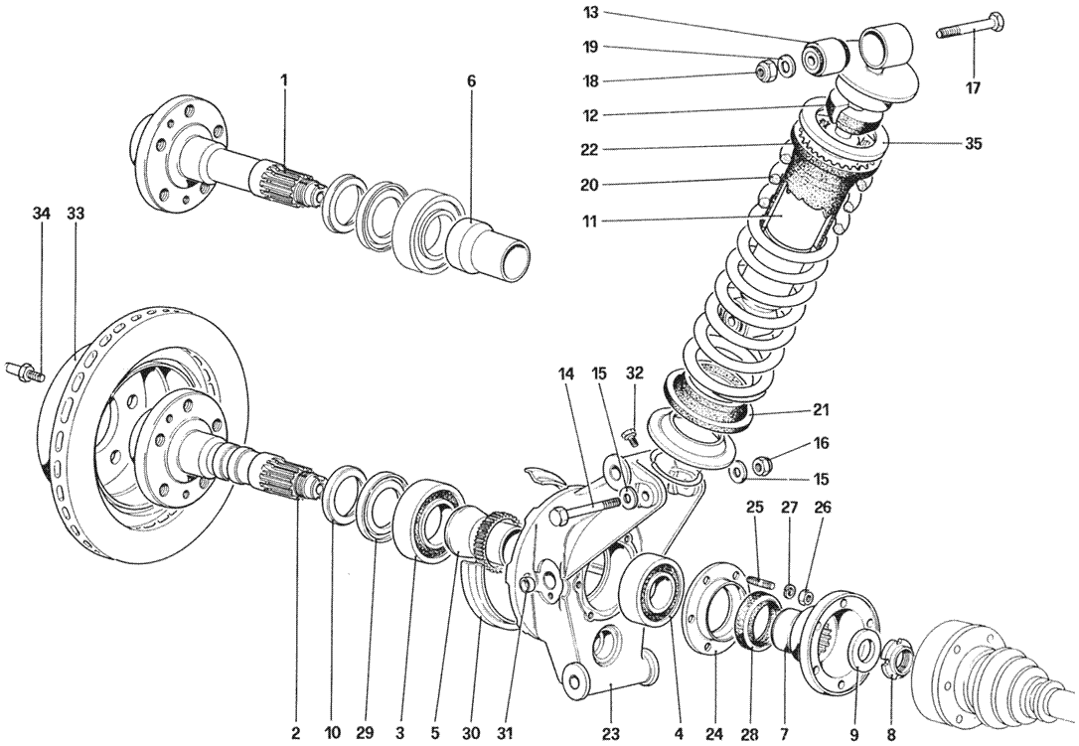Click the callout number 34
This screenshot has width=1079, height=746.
click(42, 214)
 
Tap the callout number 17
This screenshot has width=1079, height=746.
click(973, 88)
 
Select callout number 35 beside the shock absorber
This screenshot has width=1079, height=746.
click(973, 144)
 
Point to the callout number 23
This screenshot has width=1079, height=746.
click(612, 733)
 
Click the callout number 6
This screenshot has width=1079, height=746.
click(471, 81)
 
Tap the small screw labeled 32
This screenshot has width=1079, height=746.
click(630, 435)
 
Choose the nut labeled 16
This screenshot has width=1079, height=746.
click(762, 465)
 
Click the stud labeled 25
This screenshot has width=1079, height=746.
click(759, 582)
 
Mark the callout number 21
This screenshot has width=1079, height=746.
click(820, 410)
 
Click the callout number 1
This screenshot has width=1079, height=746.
click(283, 81)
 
